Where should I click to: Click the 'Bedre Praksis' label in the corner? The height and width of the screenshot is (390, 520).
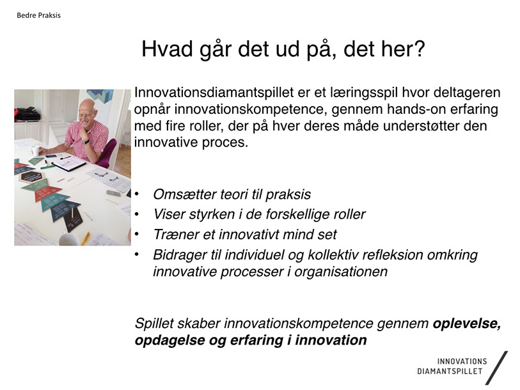pyautogui.click(x=38, y=15)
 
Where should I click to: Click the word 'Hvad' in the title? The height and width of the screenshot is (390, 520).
pyautogui.click(x=167, y=49)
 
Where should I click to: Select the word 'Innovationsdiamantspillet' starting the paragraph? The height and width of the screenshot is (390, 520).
pyautogui.click(x=214, y=93)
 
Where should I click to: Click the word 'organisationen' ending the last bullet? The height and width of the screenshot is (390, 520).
pyautogui.click(x=341, y=272)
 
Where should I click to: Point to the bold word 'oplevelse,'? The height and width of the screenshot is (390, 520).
pyautogui.click(x=467, y=324)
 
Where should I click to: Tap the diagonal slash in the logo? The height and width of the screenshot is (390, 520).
pyautogui.click(x=496, y=368)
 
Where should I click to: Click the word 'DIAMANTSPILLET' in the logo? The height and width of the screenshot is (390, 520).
pyautogui.click(x=450, y=371)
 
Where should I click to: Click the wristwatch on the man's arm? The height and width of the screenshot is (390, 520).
pyautogui.click(x=86, y=142)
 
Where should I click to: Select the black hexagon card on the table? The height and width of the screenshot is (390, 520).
pyautogui.click(x=31, y=176)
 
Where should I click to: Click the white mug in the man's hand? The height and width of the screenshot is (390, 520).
pyautogui.click(x=35, y=150)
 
